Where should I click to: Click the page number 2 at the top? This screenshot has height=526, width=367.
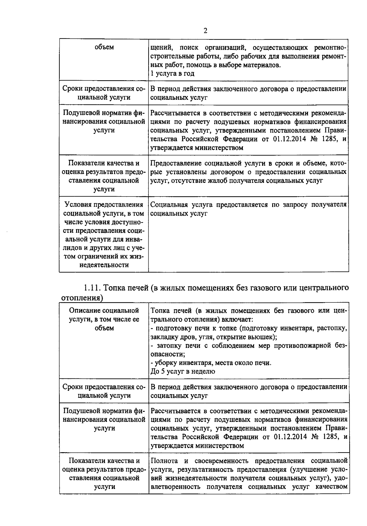205,31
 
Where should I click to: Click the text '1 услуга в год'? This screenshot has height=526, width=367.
172,73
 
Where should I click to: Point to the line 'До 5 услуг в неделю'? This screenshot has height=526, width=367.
183,371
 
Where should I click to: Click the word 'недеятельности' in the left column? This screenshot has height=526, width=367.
104,265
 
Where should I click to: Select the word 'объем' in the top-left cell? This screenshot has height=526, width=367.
104,47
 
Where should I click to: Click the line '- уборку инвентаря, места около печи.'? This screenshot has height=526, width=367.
211,363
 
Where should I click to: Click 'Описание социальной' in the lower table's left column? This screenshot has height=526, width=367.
104,310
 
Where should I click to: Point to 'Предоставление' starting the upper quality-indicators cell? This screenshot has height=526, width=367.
175,163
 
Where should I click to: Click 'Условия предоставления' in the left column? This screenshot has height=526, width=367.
104,205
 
